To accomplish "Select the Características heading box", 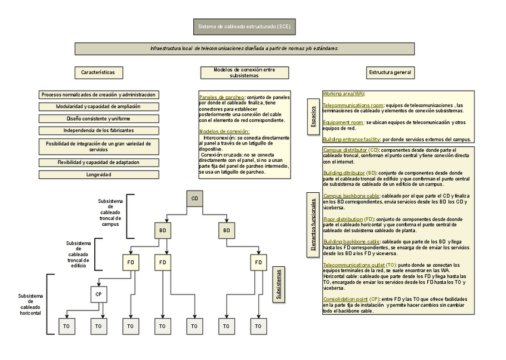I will coord(99,72).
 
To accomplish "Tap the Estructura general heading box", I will coord(390,72).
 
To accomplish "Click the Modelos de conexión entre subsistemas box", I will coord(244,73).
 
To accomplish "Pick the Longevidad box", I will coord(99,175).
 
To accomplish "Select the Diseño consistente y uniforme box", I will coord(99,119).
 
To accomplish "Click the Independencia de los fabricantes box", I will coord(99,130).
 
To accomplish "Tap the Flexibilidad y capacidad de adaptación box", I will coord(99,162).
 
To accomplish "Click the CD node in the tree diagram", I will coord(195,198).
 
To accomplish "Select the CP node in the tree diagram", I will coord(99,294).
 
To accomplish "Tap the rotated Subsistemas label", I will coord(279,285).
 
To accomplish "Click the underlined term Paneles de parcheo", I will coord(221,97).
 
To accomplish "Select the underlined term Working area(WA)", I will coord(343,94).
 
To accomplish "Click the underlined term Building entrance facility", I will coord(351,139).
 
